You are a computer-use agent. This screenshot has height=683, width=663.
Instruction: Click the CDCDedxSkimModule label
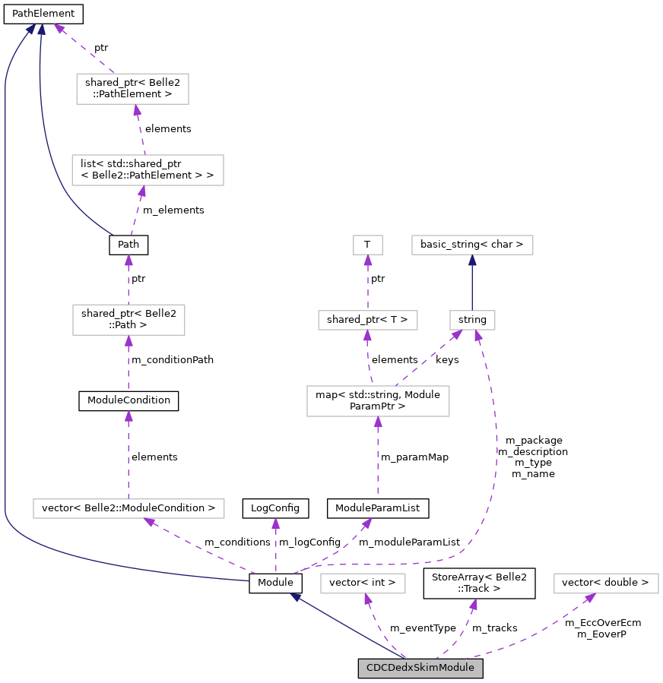pyautogui.click(x=420, y=669)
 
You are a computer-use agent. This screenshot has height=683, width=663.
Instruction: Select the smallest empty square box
pyautogui.click(x=368, y=245)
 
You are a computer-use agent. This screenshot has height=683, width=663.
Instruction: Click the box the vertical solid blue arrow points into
pyautogui.click(x=472, y=245)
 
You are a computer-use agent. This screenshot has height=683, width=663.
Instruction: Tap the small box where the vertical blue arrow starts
pyautogui.click(x=472, y=320)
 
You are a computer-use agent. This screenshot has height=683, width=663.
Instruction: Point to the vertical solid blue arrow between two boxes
pyautogui.click(x=472, y=283)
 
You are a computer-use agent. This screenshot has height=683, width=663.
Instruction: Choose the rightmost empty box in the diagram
pyautogui.click(x=606, y=583)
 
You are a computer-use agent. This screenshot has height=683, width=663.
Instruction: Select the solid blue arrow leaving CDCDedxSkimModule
pyautogui.click(x=346, y=626)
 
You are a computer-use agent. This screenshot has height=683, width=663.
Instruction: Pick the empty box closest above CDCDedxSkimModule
pyautogui.click(x=363, y=583)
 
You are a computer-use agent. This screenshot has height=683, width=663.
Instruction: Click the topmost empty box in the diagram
pyautogui.click(x=132, y=89)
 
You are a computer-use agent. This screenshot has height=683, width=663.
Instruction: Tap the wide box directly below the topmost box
pyautogui.click(x=148, y=170)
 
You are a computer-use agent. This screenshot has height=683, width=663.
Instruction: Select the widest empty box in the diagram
pyautogui.click(x=128, y=508)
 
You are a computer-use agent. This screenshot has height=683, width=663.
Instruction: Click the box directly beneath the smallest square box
pyautogui.click(x=368, y=320)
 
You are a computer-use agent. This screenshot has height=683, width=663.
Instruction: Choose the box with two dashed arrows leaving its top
pyautogui.click(x=378, y=401)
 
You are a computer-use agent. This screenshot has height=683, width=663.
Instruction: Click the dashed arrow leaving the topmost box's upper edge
pyautogui.click(x=84, y=49)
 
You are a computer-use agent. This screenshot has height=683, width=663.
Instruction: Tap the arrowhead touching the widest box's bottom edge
pyautogui.click(x=149, y=522)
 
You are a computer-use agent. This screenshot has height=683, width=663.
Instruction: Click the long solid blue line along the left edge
pyautogui.click(x=5, y=304)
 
